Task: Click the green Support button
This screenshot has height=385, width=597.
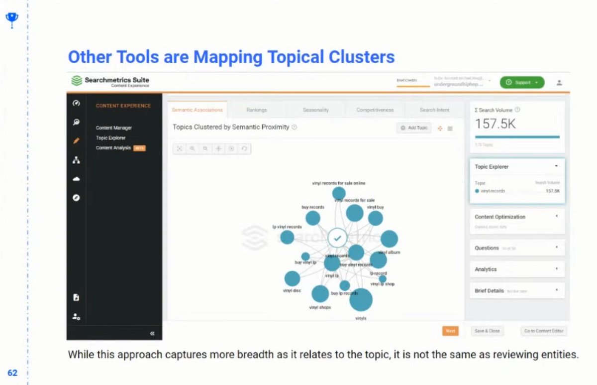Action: coord(522,83)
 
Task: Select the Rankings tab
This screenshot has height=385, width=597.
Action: coord(256,110)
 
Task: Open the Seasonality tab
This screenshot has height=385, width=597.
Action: coord(315,110)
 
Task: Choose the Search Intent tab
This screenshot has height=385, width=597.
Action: coord(434,110)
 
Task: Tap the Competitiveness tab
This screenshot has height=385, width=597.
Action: coord(375,110)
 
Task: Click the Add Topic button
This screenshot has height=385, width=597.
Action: coord(414,128)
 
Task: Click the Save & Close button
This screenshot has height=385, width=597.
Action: coord(487,331)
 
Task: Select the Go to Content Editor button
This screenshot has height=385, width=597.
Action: coord(543,331)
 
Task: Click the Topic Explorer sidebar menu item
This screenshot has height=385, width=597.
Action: coord(110,138)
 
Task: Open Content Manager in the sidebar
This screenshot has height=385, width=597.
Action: coord(113,128)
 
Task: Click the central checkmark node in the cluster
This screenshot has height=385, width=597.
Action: coord(337,238)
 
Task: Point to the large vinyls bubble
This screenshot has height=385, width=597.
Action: coord(361,300)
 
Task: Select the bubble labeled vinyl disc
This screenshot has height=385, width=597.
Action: coord(292,279)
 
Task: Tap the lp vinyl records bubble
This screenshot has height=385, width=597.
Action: coord(287,237)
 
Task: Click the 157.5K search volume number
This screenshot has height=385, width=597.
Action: coord(496,124)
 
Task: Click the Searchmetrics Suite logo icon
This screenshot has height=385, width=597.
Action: coord(76,81)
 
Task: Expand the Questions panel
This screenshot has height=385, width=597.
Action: coord(516,248)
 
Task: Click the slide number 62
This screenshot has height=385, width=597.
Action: coord(12,373)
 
